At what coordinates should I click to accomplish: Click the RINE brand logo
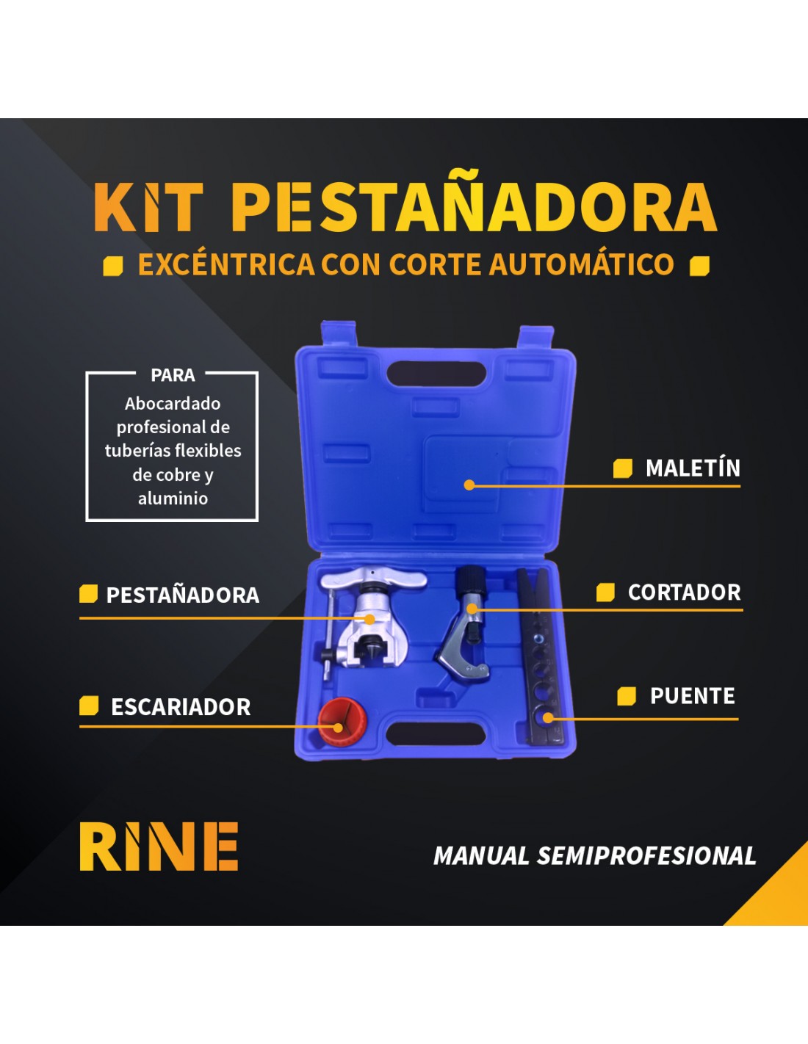159,846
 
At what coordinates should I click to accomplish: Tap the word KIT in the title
148,207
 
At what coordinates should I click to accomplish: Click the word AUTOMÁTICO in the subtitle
582,264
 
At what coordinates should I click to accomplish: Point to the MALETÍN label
693,468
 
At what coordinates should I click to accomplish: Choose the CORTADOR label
684,592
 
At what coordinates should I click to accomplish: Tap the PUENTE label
692,696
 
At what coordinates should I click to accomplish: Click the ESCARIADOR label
181,707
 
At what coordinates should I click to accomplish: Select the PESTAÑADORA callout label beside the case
183,595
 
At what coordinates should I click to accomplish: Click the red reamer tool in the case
342,722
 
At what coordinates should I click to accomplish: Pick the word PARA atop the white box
173,375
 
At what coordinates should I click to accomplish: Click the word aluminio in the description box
173,499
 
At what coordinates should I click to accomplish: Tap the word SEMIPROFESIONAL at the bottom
646,855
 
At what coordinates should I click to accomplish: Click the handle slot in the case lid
436,374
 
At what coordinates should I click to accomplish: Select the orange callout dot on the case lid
469,485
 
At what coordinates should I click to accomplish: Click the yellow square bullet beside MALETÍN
623,468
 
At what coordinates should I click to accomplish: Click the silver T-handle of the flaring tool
373,579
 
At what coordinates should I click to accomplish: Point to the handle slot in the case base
436,733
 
